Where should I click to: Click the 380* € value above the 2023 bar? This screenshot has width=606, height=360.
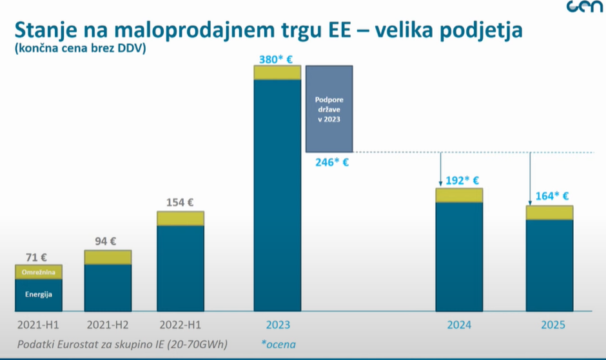click(x=276, y=59)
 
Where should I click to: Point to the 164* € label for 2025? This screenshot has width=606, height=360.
click(x=551, y=196)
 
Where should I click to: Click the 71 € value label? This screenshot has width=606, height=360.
click(x=37, y=257)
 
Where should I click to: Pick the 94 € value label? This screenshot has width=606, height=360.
click(x=106, y=242)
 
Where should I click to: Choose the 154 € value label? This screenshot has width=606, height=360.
click(x=180, y=202)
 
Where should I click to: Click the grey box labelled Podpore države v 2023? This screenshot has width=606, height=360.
click(x=329, y=109)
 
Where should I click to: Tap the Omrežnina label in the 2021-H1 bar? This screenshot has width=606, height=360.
click(x=38, y=272)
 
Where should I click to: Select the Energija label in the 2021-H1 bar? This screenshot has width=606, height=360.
click(x=38, y=294)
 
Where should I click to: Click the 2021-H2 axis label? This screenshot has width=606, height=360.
click(x=107, y=325)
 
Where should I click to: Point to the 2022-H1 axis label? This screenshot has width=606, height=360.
click(x=181, y=325)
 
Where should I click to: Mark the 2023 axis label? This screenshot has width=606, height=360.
click(x=277, y=325)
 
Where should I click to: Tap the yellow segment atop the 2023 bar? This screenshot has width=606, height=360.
click(x=277, y=73)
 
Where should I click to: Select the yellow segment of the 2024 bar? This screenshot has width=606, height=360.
click(x=458, y=195)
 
